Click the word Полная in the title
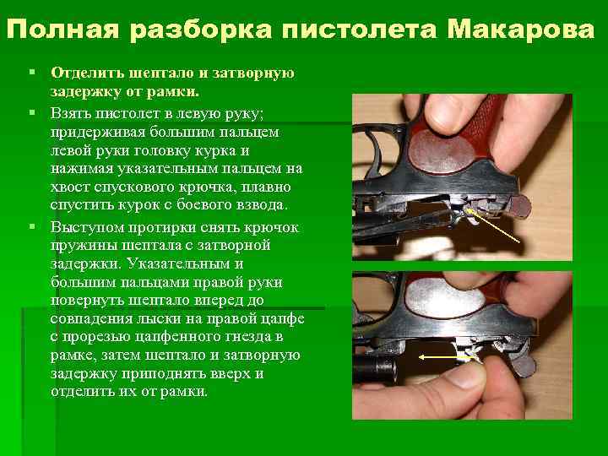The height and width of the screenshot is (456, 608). pyautogui.click(x=62, y=29)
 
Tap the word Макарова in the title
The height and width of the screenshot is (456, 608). pyautogui.click(x=520, y=29)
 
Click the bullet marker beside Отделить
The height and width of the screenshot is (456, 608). pyautogui.click(x=32, y=72)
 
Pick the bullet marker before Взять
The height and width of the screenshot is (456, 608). pyautogui.click(x=32, y=112)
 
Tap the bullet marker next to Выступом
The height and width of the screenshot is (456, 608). pyautogui.click(x=32, y=225)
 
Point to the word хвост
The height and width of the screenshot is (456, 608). pyautogui.click(x=70, y=187)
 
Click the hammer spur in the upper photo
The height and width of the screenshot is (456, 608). pyautogui.click(x=519, y=206)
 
